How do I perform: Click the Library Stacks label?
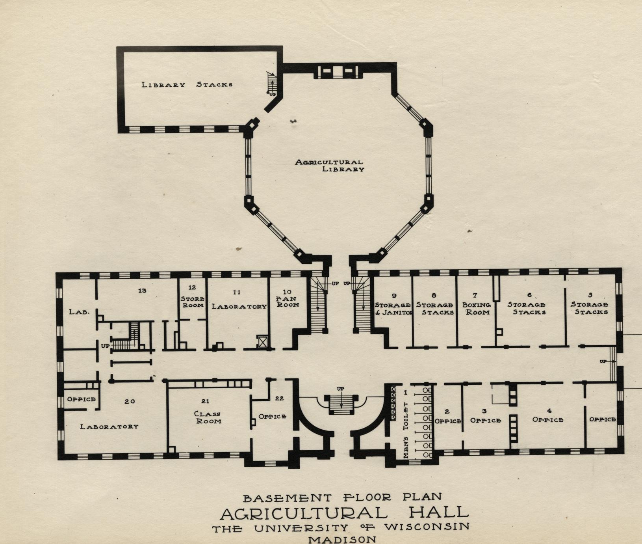187,84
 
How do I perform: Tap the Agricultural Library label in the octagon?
330,166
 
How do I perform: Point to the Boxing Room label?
476,309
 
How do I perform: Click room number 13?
142,291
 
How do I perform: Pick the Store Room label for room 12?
193,302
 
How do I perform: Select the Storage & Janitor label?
393,309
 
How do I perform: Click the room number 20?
130,401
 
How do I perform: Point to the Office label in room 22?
272,416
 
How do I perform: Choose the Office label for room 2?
448,421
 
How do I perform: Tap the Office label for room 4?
548,420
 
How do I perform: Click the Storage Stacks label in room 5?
590,308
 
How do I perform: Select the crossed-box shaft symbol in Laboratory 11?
262,341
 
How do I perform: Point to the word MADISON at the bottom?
342,539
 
